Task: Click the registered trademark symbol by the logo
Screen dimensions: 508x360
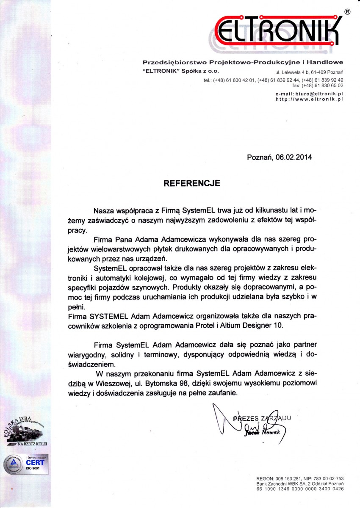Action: tap(347, 12)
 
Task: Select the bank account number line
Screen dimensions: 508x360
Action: tap(299, 489)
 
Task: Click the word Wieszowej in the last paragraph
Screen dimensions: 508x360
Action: tap(129, 383)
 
